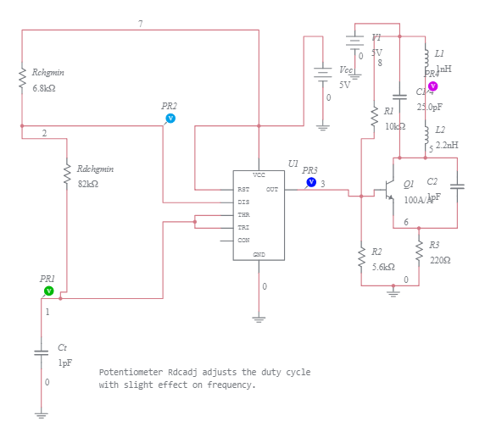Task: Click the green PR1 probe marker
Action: pos(48,291)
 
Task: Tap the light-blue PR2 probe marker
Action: pos(170,118)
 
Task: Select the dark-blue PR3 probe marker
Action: pos(310,182)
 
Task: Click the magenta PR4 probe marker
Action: pos(432,86)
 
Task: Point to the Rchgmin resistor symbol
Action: pos(23,80)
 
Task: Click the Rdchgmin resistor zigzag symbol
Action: pos(66,175)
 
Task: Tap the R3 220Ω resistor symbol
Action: pos(419,252)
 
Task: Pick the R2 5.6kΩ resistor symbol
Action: pos(362,258)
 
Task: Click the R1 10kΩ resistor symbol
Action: pos(373,116)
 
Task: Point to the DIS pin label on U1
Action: pos(243,202)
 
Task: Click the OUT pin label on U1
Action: pos(271,189)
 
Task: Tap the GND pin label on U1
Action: pos(259,254)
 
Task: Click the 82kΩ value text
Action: pos(88,184)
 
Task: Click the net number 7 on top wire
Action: pos(141,23)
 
